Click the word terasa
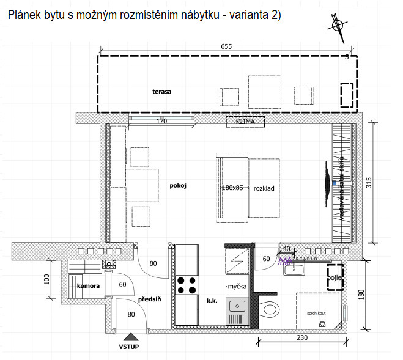(x=162, y=92)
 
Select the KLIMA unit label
(x=245, y=122)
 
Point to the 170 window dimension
(x=161, y=121)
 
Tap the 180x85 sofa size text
(x=232, y=188)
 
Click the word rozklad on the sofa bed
(x=264, y=188)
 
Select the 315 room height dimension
(x=369, y=183)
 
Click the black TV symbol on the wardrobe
(x=327, y=182)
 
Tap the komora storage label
(x=89, y=285)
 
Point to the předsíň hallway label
(x=149, y=299)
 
